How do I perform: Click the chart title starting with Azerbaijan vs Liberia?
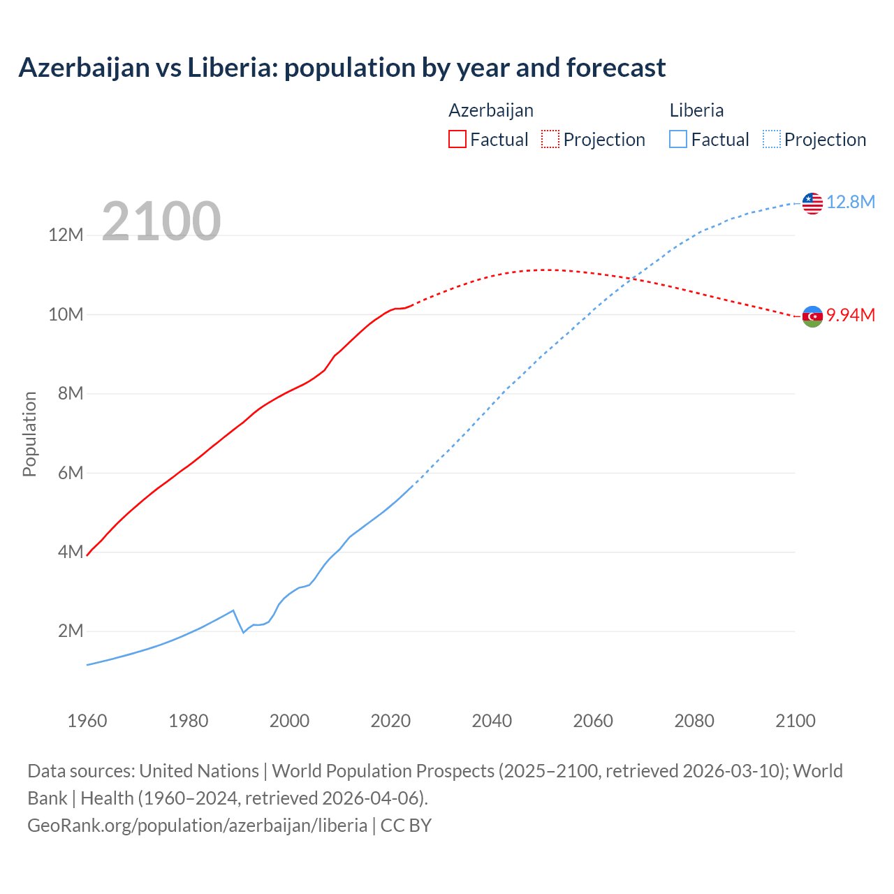(342, 68)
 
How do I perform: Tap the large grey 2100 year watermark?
(161, 221)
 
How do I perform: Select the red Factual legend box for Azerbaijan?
(457, 139)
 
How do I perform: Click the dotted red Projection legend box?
(550, 139)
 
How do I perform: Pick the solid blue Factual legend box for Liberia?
(677, 139)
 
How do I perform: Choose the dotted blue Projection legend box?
(771, 139)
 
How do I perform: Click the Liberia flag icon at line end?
(812, 203)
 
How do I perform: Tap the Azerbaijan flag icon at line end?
(812, 316)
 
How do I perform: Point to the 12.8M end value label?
(850, 202)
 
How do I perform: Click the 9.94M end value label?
(850, 315)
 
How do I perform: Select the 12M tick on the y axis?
(66, 235)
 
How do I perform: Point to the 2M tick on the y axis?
(70, 631)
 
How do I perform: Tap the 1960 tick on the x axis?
(87, 721)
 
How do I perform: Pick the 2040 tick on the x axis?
(492, 721)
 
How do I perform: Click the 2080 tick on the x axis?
(694, 721)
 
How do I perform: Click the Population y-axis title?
(29, 434)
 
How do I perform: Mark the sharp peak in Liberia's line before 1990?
(233, 610)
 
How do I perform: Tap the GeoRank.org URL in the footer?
(197, 825)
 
